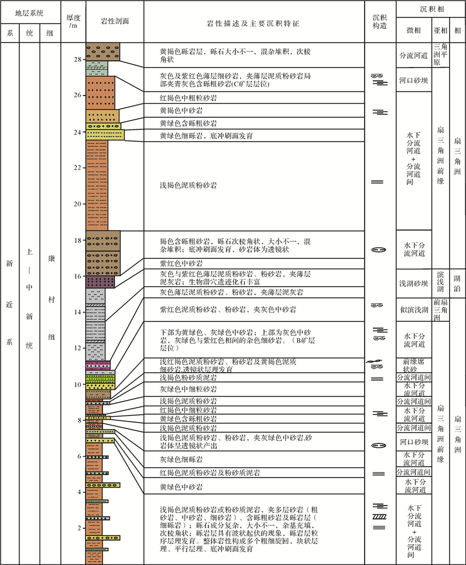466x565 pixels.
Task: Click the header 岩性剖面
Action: [114, 21]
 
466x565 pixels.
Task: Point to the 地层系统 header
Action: [30, 12]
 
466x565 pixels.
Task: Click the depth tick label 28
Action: [78, 59]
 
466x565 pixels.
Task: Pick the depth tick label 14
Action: [78, 312]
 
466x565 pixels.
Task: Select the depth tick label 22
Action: [78, 168]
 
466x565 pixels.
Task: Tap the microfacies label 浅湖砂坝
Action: [414, 284]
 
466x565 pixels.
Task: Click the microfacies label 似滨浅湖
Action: [414, 309]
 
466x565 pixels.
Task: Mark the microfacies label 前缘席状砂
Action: [414, 364]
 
